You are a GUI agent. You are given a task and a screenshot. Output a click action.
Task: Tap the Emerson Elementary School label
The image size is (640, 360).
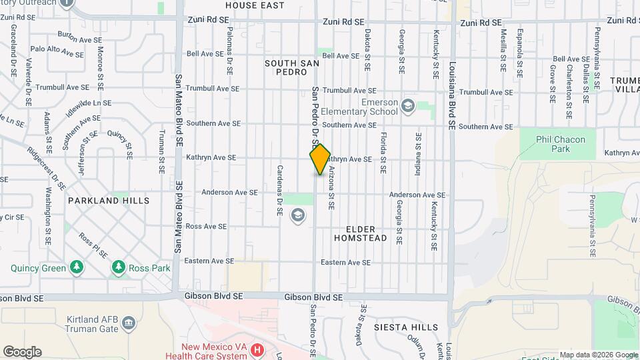[x=360, y=107]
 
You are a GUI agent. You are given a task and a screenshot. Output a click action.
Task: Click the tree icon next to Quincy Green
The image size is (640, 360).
[x=77, y=267]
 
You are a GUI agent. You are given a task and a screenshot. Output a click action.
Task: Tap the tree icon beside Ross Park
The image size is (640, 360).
[x=119, y=267]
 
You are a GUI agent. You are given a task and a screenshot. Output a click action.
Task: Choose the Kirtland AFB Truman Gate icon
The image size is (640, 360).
[x=129, y=324]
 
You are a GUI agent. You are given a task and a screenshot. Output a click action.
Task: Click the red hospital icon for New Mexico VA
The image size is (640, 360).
[x=257, y=349]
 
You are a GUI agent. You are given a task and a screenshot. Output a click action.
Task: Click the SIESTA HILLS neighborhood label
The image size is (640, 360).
[x=407, y=327]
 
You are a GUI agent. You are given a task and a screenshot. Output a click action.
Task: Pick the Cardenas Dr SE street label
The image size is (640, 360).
[x=280, y=190]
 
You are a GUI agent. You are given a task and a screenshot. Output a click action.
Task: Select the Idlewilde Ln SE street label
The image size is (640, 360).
[x=89, y=107]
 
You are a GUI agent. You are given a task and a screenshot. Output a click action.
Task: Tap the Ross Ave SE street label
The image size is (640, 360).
[x=203, y=227]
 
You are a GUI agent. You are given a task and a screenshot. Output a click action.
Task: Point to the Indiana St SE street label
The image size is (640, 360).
[x=418, y=153]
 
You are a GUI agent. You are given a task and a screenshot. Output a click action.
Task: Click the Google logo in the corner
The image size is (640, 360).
[x=22, y=352]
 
